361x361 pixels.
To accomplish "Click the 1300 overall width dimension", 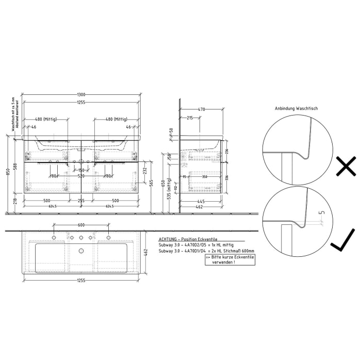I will tap(81, 95).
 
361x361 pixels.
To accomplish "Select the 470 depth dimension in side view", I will tap(202, 109).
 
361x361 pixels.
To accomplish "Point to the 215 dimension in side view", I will tap(190, 118).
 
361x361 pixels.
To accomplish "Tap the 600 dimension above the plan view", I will tap(81, 224).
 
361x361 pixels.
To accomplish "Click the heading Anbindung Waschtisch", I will tap(296, 109).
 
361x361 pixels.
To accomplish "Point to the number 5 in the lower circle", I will tap(321, 212).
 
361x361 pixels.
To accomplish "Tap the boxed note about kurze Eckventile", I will tap(229, 259).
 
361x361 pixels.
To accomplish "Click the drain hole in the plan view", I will tap(81, 251).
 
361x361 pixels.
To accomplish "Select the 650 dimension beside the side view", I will tap(163, 184).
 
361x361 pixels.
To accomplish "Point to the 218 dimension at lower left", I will tap(14, 201).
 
